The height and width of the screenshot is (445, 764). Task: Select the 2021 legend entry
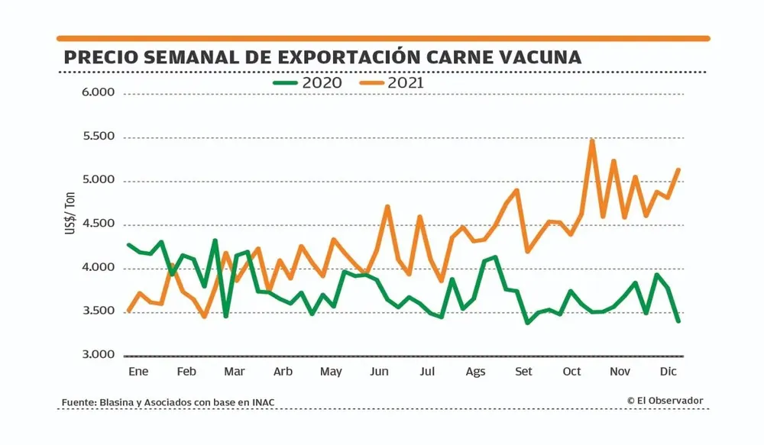coord(393,82)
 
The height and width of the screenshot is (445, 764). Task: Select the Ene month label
coord(138,372)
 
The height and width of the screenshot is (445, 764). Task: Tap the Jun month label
coord(379,372)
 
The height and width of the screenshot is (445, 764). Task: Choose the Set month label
coord(524,372)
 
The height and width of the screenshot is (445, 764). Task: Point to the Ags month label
coord(475,372)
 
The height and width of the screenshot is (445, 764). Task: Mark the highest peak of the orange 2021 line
coord(592,141)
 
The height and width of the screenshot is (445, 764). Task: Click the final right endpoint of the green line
coord(678,321)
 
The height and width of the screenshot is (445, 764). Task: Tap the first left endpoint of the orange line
coord(128,311)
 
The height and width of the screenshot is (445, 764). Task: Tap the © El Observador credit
coord(665,401)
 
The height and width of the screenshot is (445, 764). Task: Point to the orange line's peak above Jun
coord(388,207)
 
